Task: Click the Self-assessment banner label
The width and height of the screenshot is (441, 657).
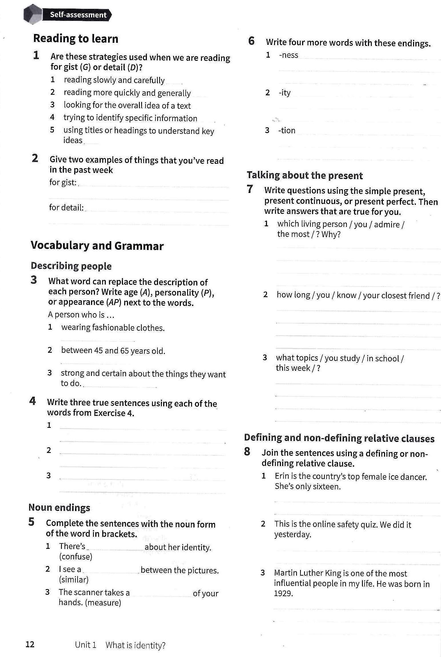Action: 78,15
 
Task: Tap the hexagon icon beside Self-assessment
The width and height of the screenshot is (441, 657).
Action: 33,14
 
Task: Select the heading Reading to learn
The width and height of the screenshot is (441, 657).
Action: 76,39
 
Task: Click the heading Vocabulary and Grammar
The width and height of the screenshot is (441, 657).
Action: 97,246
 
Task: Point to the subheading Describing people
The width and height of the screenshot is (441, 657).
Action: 71,266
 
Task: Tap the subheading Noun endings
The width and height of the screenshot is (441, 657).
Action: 59,507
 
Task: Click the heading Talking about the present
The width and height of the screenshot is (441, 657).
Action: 305,175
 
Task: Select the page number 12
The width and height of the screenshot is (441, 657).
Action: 30,644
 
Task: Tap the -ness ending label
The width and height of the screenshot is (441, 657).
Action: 289,55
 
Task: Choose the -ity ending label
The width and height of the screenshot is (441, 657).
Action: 285,93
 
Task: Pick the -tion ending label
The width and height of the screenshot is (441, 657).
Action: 287,130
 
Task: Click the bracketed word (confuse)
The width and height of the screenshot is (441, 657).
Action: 76,557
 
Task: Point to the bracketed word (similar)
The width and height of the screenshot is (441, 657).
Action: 74,580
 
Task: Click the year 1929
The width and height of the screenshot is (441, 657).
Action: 283,594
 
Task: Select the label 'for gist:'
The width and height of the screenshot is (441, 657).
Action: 63,182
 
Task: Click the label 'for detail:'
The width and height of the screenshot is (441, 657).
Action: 66,207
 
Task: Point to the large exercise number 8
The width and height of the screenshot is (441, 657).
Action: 247,452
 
